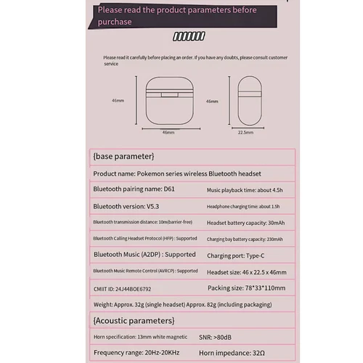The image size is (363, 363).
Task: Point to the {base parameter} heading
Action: click(x=123, y=156)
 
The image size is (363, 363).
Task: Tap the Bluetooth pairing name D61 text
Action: click(x=134, y=189)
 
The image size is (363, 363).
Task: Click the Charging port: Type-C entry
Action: click(x=236, y=255)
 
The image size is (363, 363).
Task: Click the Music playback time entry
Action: click(x=243, y=190)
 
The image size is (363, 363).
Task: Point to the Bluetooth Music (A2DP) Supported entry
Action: click(x=144, y=255)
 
